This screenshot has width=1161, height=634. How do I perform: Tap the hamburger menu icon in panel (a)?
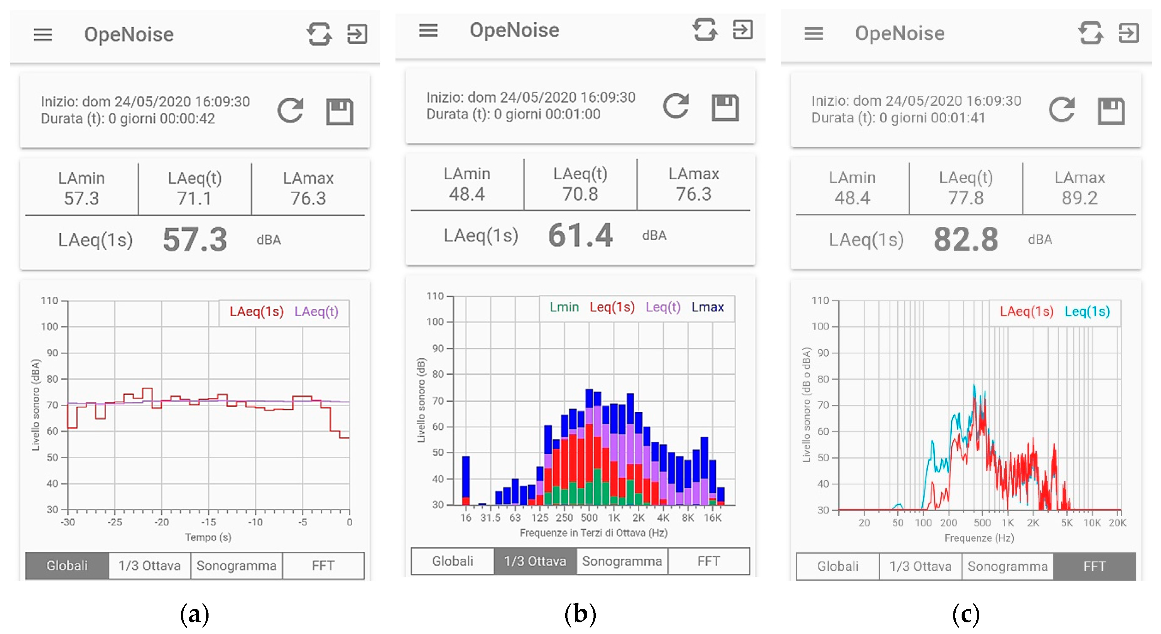43,35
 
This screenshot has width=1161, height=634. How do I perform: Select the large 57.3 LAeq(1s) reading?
195,239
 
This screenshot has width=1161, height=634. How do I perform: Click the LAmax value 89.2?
1079,198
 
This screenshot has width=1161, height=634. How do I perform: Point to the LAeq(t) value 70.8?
580,194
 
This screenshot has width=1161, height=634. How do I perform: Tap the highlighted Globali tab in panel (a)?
67,566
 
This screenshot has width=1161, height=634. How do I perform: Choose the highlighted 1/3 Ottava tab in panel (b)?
535,561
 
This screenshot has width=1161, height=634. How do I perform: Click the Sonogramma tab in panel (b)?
622,561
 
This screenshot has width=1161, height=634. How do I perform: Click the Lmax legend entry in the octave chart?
708,307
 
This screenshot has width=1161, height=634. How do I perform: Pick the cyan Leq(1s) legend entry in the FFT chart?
1087,312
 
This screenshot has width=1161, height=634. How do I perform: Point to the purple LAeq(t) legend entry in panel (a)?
316,312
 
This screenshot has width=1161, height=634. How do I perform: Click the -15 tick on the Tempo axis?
208,522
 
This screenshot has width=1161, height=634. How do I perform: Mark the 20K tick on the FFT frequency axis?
1117,523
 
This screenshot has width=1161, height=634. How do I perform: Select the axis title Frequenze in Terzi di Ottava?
594,533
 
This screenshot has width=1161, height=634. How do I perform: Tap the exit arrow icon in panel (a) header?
357,34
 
